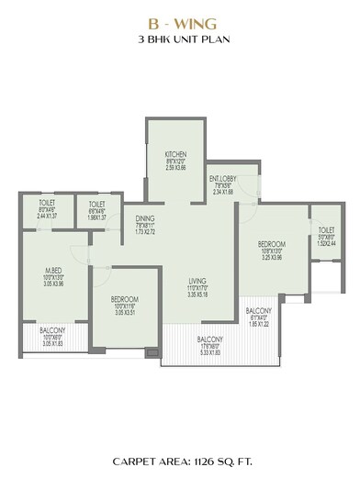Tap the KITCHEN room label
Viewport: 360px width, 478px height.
click(x=175, y=153)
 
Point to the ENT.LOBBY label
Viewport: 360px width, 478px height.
click(x=221, y=178)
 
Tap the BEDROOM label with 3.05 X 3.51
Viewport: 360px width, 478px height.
click(x=122, y=299)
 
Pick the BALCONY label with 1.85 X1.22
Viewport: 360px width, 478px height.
click(x=263, y=312)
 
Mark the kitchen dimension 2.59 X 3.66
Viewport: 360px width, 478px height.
click(x=175, y=168)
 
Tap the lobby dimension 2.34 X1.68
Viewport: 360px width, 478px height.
click(x=221, y=193)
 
